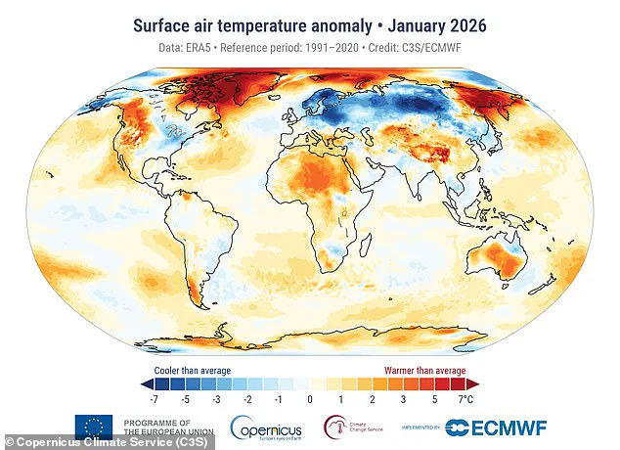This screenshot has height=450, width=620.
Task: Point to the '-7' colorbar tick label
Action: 154,400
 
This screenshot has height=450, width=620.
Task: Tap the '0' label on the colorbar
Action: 309,400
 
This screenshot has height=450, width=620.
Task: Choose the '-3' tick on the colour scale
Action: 216,400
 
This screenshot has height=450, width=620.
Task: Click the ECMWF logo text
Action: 507,427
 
